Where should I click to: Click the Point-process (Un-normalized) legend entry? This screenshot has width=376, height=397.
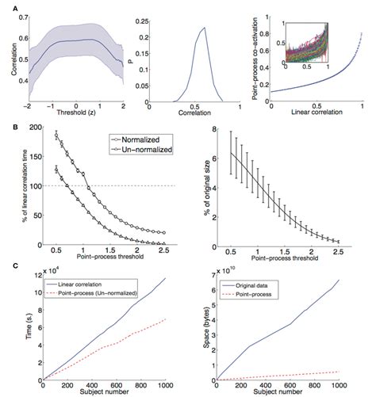tap(94, 292)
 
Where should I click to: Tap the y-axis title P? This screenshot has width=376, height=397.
tap(131, 56)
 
